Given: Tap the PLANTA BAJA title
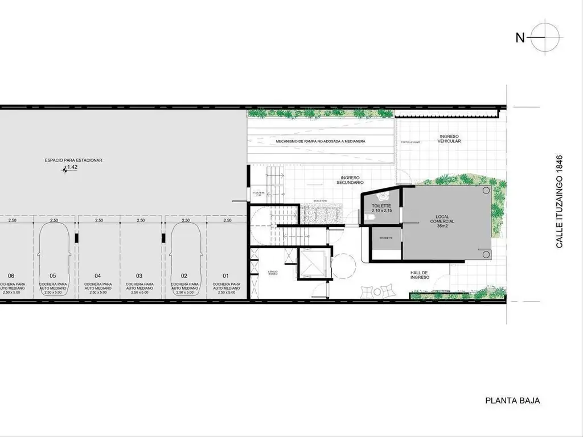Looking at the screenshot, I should click(512, 401).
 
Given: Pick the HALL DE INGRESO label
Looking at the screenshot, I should click(420, 275).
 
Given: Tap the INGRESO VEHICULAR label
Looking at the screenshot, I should click(450, 138).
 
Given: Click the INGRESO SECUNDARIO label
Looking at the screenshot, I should click(348, 180).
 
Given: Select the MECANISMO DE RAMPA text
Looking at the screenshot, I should click(321, 141).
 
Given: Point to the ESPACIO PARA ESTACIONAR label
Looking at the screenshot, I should click(73, 160).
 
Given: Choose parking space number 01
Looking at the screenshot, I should click(226, 276).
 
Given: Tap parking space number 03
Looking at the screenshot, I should click(139, 276).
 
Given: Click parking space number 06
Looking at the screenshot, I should click(11, 276).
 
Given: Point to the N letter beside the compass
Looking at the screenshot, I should click(520, 38).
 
